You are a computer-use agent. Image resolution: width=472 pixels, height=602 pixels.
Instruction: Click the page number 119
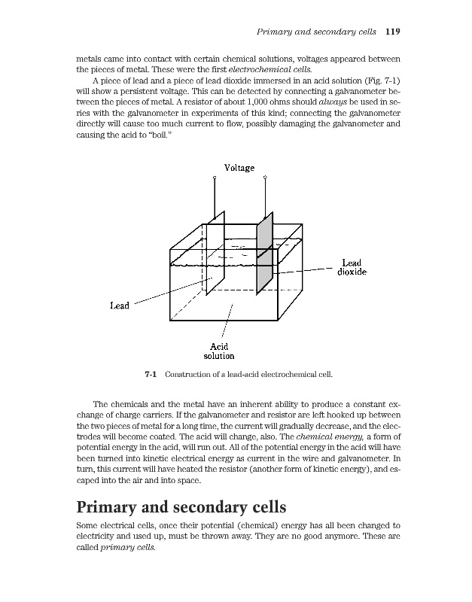tap(391, 32)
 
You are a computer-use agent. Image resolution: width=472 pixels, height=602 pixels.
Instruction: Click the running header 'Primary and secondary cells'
tap(316, 32)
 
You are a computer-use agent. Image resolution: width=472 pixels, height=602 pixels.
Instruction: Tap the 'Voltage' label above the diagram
tap(239, 167)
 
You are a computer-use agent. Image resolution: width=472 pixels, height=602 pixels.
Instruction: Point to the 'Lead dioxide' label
tap(350, 267)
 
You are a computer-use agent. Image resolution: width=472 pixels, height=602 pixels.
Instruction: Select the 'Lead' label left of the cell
tap(120, 306)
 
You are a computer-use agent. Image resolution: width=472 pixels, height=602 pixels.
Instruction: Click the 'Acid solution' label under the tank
tap(219, 351)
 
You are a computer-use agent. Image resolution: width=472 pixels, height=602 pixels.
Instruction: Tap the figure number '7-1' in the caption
tap(150, 374)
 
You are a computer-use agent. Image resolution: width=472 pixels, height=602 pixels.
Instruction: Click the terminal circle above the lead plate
tap(215, 178)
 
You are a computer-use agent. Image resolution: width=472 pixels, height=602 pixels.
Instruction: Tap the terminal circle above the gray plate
tap(265, 178)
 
